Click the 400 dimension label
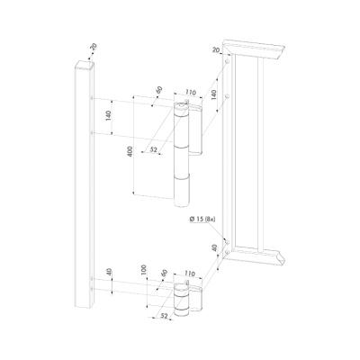pyautogui.click(x=130, y=152)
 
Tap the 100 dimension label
pyautogui.click(x=144, y=271)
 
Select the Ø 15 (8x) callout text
pyautogui.click(x=202, y=220)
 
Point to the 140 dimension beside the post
pyautogui.click(x=108, y=116)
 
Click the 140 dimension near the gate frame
pyautogui.click(x=213, y=94)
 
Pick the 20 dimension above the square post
pyautogui.click(x=94, y=47)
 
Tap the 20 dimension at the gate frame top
pyautogui.click(x=216, y=50)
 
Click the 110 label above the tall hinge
pyautogui.click(x=190, y=93)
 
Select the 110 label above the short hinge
pyautogui.click(x=190, y=274)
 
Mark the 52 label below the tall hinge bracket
pyautogui.click(x=154, y=149)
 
